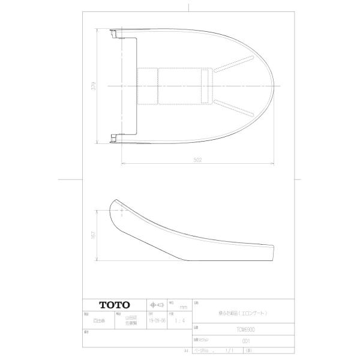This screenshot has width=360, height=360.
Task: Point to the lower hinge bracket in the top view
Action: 114,139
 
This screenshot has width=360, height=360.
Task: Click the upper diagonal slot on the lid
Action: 232,67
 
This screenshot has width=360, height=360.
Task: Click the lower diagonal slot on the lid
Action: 232,107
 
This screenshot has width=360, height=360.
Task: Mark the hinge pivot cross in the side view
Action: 122,211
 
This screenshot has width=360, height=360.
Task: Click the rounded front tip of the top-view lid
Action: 274,86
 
